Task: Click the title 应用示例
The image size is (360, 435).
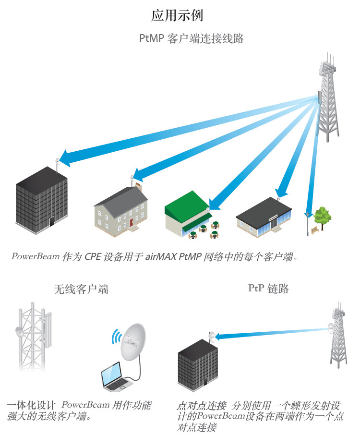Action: tap(177, 15)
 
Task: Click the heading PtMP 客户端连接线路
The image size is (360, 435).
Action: tap(192, 38)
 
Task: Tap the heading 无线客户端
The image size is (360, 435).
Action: tap(81, 289)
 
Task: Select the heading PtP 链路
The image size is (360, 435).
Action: tap(268, 289)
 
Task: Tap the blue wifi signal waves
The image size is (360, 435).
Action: tap(116, 337)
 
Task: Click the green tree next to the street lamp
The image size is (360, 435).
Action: tap(322, 217)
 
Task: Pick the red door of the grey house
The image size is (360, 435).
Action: tap(131, 222)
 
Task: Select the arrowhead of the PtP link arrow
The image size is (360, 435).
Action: tap(218, 337)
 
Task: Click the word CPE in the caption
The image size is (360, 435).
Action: tap(92, 256)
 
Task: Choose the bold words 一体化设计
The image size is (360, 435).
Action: tap(31, 405)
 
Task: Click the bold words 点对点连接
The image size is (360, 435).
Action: tap(202, 406)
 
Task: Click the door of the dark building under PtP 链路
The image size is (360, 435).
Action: tap(205, 382)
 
